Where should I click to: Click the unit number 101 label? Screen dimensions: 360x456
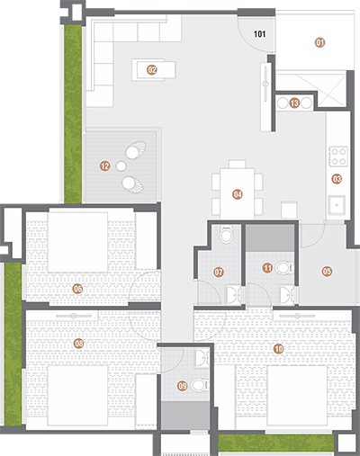(259, 34)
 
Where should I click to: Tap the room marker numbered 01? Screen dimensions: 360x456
(319, 42)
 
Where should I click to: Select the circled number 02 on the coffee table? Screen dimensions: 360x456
(152, 70)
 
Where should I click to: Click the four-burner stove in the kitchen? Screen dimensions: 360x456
(338, 156)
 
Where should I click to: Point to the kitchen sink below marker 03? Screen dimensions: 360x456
(337, 205)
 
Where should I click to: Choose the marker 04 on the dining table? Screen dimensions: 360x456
(238, 194)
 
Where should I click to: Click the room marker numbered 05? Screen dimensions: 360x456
(327, 272)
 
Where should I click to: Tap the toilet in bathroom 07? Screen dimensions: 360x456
(226, 235)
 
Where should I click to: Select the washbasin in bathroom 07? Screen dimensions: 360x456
(232, 295)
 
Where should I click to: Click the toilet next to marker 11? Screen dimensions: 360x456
(284, 267)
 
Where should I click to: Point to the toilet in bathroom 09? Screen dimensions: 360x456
(200, 385)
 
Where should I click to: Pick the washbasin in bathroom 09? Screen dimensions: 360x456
(202, 358)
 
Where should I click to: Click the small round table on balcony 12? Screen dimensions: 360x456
(121, 165)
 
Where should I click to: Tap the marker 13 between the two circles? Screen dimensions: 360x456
(294, 103)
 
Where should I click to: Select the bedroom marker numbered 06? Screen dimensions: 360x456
(77, 289)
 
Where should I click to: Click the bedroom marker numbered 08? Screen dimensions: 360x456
(78, 344)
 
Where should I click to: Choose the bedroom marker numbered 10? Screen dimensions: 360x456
(278, 349)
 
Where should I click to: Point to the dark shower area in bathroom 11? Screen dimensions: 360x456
(270, 238)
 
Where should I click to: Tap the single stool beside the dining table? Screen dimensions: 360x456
(290, 210)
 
